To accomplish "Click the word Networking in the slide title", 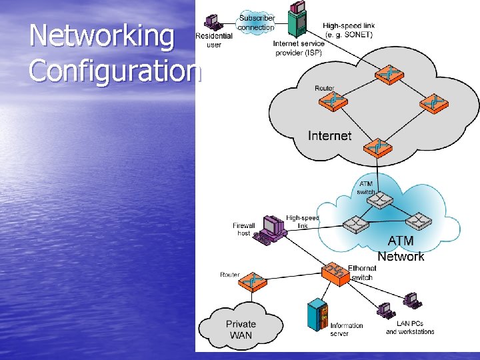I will (101, 36).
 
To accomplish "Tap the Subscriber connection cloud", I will (256, 23).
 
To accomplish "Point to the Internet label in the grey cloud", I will (329, 136).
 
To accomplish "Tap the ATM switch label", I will (366, 188).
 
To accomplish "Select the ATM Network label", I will (401, 249).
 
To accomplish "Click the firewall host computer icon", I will (273, 229).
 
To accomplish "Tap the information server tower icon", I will (317, 317).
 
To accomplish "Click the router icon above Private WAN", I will (250, 281).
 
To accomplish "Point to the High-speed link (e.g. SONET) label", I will (349, 30).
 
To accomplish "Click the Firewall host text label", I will (244, 229).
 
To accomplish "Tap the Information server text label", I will (347, 329).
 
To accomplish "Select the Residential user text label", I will (214, 40).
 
